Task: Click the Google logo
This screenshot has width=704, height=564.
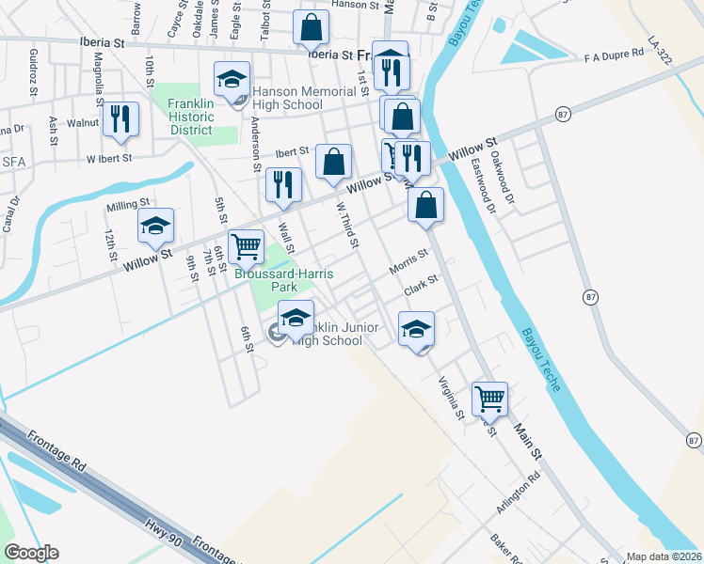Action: click(x=31, y=552)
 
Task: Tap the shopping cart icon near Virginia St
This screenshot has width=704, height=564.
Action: click(x=490, y=399)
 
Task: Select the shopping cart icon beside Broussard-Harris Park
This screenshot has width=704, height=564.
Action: click(x=246, y=246)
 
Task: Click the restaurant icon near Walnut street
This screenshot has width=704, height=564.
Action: click(x=120, y=118)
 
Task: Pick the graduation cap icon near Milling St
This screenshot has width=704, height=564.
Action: click(x=156, y=225)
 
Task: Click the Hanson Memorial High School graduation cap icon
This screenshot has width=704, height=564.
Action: click(x=231, y=80)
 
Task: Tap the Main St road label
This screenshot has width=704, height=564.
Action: click(x=528, y=440)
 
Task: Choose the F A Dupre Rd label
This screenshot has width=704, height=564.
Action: click(x=613, y=55)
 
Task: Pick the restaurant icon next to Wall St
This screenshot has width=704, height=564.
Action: click(x=283, y=186)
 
